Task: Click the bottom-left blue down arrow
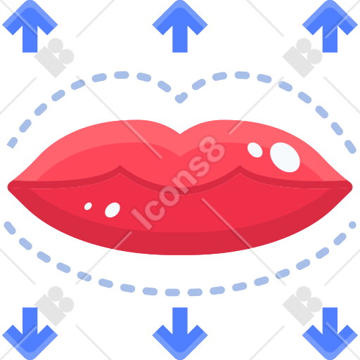click(x=30, y=333)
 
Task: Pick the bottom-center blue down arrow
click(x=180, y=333)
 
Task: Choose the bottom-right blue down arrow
click(x=330, y=333)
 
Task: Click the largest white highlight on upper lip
click(x=285, y=157)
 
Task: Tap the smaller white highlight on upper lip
click(x=255, y=150)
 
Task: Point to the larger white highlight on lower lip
click(x=112, y=210)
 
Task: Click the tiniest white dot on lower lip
click(x=88, y=206)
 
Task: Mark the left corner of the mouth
click(x=8, y=187)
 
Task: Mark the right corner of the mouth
click(x=352, y=187)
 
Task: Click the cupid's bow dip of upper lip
click(x=180, y=134)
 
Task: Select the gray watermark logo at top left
click(x=54, y=58)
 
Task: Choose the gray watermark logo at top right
click(x=302, y=58)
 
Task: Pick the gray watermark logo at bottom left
click(x=54, y=306)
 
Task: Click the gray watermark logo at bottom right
click(x=302, y=306)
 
